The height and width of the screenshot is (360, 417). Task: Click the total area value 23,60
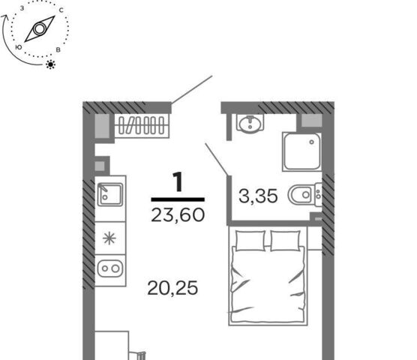tap(178, 214)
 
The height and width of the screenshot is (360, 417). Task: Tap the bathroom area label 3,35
tap(258, 196)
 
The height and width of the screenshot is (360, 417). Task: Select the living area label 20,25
tap(172, 288)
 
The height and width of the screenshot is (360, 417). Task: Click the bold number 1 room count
tap(178, 181)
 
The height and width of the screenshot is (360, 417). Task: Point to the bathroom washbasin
tap(250, 123)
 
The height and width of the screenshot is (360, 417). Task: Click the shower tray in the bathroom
tap(301, 151)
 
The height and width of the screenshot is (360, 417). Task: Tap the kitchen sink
tap(110, 194)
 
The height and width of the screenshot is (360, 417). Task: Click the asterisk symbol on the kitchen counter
tap(109, 238)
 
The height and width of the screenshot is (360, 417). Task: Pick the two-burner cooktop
tap(110, 268)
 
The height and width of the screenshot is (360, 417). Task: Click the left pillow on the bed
tap(250, 241)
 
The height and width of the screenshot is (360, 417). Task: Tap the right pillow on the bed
tap(285, 241)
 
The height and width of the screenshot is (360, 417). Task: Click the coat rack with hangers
tap(142, 125)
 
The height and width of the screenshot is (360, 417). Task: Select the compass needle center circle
tap(39, 28)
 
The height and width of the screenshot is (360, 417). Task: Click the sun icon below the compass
tap(50, 64)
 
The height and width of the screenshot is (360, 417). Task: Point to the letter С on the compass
tap(61, 10)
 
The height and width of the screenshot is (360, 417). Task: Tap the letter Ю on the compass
tap(18, 47)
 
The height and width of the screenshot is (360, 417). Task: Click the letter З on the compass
tap(22, 8)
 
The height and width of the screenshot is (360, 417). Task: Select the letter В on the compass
tap(58, 49)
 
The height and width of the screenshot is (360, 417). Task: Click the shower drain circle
tap(311, 142)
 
